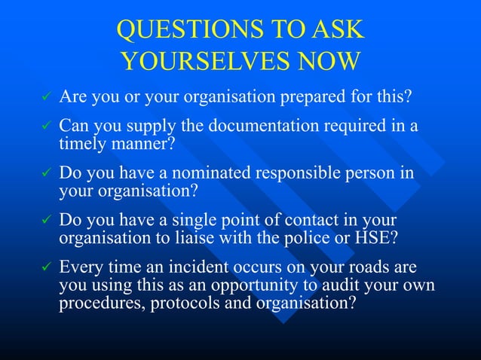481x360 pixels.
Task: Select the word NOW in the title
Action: pos(330,61)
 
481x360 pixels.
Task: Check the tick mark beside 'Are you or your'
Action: pos(45,98)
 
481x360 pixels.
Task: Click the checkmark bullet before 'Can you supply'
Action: pos(45,125)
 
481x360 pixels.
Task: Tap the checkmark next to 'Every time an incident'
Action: pos(45,268)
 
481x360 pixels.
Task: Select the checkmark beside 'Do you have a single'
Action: pos(45,221)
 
